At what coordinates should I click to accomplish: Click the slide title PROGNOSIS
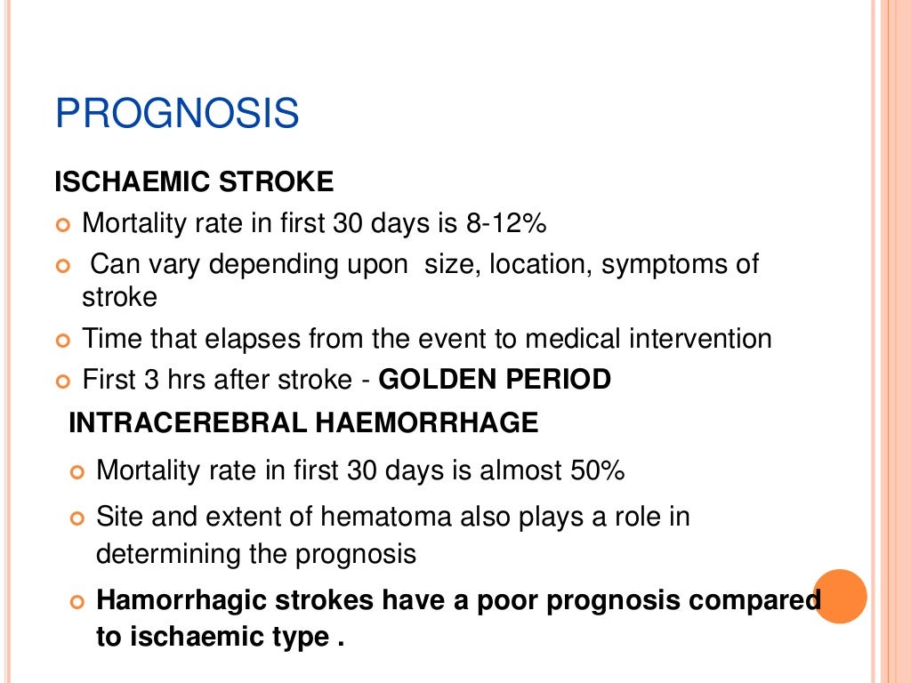(177, 115)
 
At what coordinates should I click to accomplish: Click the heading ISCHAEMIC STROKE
(194, 182)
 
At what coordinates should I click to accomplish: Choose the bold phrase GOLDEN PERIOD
(495, 380)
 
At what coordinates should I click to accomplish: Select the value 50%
(596, 470)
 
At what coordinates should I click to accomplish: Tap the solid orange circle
(840, 596)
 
